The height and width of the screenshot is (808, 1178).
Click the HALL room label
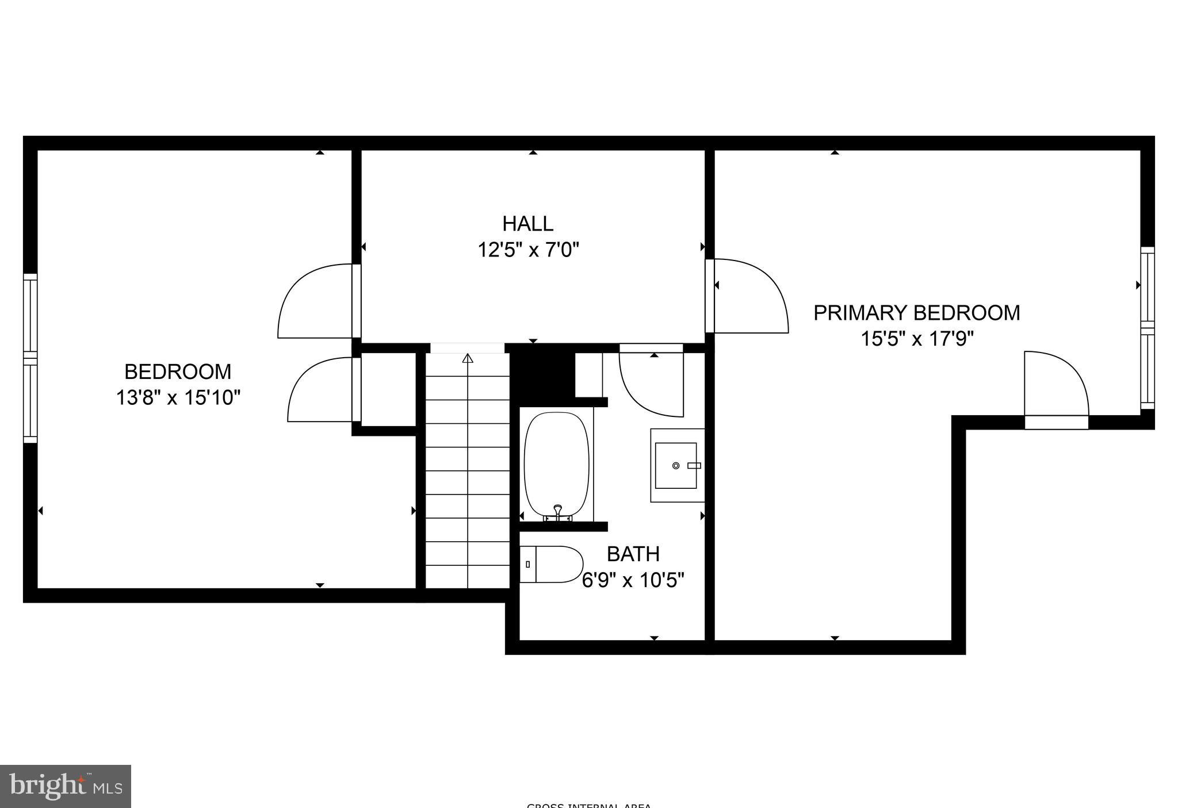[527, 223]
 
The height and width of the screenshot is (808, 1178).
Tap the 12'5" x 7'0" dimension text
[527, 250]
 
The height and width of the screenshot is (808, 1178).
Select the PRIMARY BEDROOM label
[916, 313]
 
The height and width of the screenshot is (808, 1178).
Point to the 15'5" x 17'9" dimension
[916, 339]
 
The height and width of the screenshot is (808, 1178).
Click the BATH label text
[633, 554]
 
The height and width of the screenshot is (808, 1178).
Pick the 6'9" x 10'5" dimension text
[633, 580]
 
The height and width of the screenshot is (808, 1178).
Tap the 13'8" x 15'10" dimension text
[178, 397]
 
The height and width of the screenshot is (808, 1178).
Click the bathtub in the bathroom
[557, 464]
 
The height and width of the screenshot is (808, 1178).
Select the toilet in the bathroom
[552, 564]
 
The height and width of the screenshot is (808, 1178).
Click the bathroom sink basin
[676, 465]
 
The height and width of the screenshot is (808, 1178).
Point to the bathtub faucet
[557, 511]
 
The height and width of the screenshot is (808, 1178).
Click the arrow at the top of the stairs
[468, 358]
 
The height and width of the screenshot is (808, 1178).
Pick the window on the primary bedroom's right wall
[1147, 328]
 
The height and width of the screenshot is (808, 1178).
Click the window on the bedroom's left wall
[30, 358]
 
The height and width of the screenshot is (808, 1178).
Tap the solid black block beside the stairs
[542, 370]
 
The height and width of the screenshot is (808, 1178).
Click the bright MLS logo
[66, 786]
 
